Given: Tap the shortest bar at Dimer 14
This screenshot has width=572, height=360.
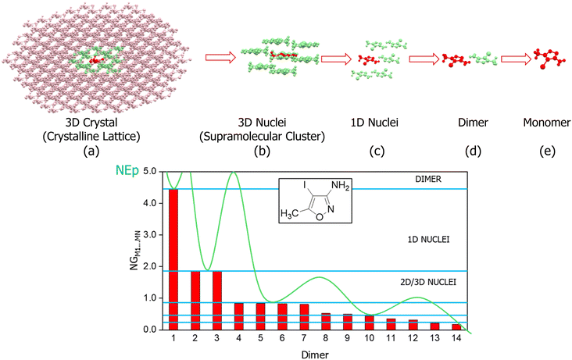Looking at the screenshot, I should click(x=454, y=326).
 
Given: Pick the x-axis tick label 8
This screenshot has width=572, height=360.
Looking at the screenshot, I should click(x=324, y=340).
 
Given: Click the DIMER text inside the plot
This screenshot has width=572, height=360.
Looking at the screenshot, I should click(x=430, y=180).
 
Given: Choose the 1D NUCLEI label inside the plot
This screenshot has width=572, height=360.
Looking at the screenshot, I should click(x=427, y=240).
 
